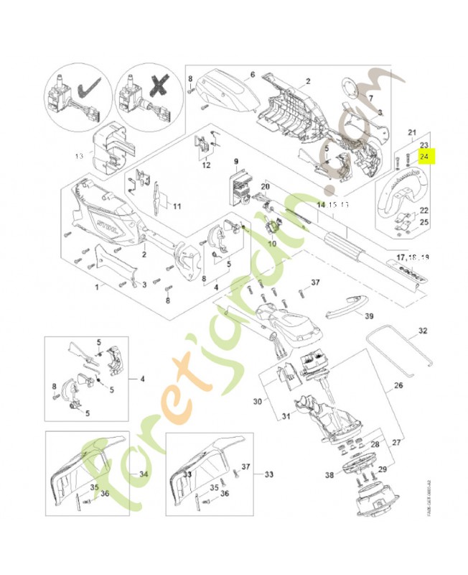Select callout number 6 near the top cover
pyautogui.click(x=253, y=74)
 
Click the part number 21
pyautogui.click(x=412, y=132)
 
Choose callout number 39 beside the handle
pyautogui.click(x=369, y=316)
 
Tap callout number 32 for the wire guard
pyautogui.click(x=422, y=331)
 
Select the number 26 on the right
pyautogui.click(x=398, y=386)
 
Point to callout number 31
pyautogui.click(x=285, y=416)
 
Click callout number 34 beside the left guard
pyautogui.click(x=143, y=474)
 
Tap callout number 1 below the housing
pyautogui.click(x=97, y=287)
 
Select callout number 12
pyautogui.click(x=205, y=165)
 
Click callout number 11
pyautogui.click(x=177, y=207)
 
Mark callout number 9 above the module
pyautogui.click(x=234, y=161)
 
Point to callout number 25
pyautogui.click(x=423, y=222)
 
